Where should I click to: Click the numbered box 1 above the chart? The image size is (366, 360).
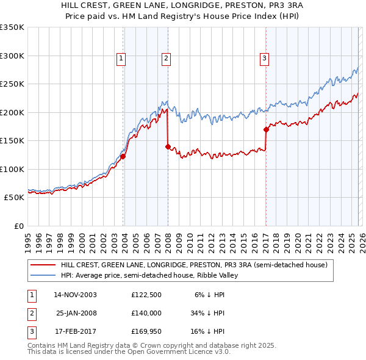[121, 59]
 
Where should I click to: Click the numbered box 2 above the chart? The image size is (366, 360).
[166, 59]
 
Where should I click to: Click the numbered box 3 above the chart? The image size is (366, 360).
[264, 59]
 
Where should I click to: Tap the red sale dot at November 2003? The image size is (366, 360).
[123, 156]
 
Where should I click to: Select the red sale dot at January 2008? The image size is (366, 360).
[168, 146]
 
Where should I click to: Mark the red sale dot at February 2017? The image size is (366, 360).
[266, 129]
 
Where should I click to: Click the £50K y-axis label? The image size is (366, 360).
[14, 198]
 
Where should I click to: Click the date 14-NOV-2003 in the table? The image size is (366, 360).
[75, 294]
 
